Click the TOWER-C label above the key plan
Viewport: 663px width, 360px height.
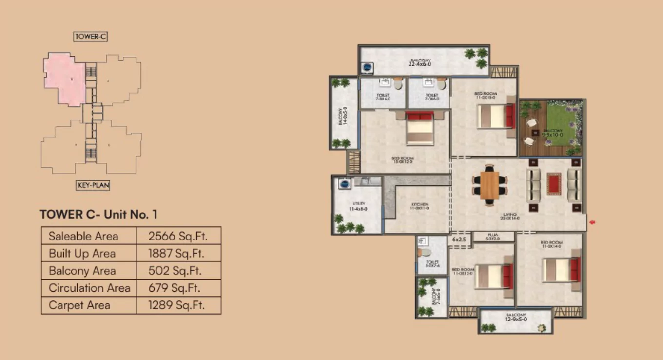pyautogui.click(x=91, y=37)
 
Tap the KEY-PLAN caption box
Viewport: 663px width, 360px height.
pyautogui.click(x=93, y=185)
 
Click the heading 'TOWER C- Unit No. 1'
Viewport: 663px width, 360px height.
pyautogui.click(x=98, y=215)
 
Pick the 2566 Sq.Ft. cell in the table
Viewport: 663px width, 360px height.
pyautogui.click(x=178, y=236)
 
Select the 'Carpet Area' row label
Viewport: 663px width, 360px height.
pyautogui.click(x=79, y=305)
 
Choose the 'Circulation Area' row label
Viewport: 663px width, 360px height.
pyautogui.click(x=89, y=288)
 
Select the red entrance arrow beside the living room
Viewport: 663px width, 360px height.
pyautogui.click(x=592, y=223)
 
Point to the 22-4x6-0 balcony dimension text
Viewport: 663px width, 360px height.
pyautogui.click(x=420, y=63)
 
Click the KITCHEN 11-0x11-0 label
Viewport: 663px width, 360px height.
pyautogui.click(x=419, y=206)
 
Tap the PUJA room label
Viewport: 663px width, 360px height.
pyautogui.click(x=493, y=237)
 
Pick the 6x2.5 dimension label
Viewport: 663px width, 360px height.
pyautogui.click(x=459, y=239)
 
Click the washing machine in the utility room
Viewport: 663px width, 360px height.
pyautogui.click(x=345, y=184)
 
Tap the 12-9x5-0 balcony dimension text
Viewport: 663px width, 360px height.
pyautogui.click(x=516, y=321)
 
